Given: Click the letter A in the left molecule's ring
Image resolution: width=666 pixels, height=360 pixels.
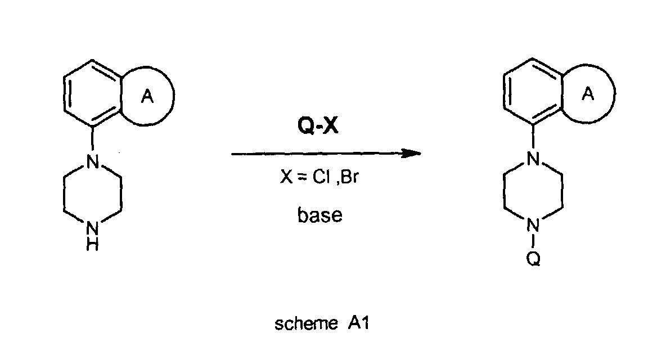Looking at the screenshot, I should (x=147, y=98).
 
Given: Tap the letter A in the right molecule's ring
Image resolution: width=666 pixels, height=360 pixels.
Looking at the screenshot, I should (x=588, y=95).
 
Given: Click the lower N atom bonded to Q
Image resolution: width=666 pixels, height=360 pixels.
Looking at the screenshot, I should (x=534, y=228).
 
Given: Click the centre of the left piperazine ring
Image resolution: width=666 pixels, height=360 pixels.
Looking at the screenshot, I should (x=93, y=197).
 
